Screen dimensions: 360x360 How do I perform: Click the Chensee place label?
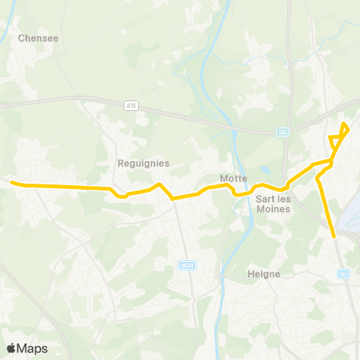[38, 37]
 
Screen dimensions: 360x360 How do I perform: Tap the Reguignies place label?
[143, 163]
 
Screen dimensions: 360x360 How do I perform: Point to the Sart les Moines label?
[273, 205]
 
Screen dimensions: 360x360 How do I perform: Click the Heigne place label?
[264, 274]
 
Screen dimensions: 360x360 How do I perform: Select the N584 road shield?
[187, 265]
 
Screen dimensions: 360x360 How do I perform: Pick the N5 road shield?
[343, 274]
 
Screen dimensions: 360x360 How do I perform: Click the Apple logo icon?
[11, 348]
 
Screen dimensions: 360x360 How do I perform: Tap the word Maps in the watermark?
[32, 348]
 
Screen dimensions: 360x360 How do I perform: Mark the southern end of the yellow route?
[334, 235]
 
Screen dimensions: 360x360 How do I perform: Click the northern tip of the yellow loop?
[344, 124]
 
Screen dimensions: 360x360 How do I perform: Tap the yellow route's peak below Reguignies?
[157, 184]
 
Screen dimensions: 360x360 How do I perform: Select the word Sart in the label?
[263, 199]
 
